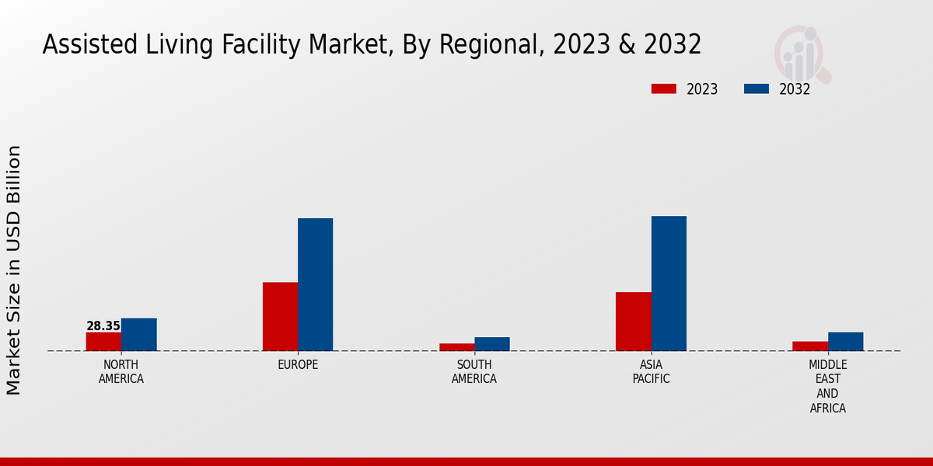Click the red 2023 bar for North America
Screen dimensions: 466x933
[103, 342]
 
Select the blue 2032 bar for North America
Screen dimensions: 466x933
[138, 335]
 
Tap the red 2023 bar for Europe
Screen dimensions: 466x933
[280, 317]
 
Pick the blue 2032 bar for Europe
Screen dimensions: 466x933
[315, 284]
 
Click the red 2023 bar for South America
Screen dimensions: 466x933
[456, 347]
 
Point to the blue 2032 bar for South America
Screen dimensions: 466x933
[492, 344]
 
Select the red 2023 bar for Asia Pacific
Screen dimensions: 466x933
[633, 322]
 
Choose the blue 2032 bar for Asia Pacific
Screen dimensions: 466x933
[669, 283]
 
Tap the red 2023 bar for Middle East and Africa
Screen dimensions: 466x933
[810, 346]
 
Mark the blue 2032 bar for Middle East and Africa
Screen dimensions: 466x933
[845, 342]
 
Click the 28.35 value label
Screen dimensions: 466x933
[103, 326]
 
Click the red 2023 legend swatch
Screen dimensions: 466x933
[664, 89]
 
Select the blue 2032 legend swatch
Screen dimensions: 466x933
[756, 89]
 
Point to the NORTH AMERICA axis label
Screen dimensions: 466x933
[121, 372]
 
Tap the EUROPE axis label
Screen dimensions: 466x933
[298, 365]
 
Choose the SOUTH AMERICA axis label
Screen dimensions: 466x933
[474, 372]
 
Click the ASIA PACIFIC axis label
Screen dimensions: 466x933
[651, 372]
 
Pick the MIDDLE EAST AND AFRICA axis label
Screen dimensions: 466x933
[828, 386]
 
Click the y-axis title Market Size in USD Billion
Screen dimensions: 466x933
[14, 270]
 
